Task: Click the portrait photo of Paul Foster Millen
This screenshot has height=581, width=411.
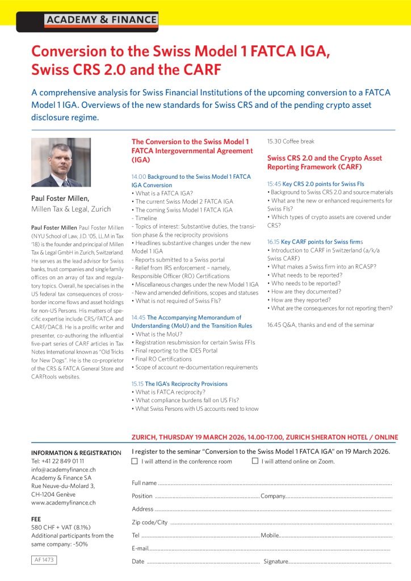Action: coord(61,162)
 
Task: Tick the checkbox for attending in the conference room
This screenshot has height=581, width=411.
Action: coord(135,461)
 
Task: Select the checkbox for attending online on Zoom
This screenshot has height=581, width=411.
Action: coord(255,461)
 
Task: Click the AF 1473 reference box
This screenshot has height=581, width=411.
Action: coord(44,559)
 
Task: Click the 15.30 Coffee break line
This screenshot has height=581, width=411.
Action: coord(291,141)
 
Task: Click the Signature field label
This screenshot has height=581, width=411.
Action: coord(276,561)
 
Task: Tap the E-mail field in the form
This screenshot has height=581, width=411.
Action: coord(261,548)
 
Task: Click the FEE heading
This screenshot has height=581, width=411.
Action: coord(36,519)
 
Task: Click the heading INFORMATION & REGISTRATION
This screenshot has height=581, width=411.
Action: coord(76,453)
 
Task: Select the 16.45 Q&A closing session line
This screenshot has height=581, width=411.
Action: coord(320,325)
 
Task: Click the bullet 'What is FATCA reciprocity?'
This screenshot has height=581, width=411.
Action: coord(169,392)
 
